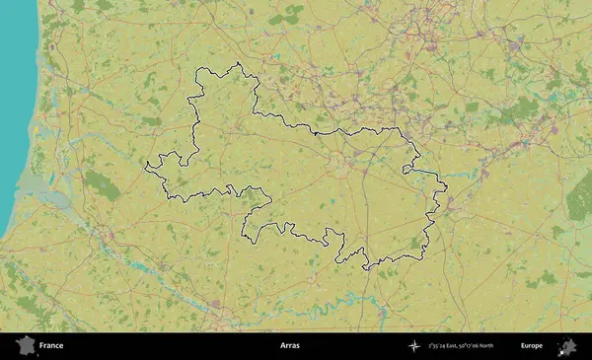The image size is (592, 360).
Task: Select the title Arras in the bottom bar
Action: tap(289, 346)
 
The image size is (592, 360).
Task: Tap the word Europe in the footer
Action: tap(532, 346)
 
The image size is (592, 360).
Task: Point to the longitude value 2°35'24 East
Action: tap(448, 346)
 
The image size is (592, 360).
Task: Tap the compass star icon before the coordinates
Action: tap(414, 346)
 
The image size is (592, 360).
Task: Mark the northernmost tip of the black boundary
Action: tap(238, 64)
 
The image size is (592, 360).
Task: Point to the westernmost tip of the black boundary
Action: tap(146, 164)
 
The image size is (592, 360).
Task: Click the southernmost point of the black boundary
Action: tap(366, 268)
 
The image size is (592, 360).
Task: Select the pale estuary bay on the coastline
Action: tap(49, 197)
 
